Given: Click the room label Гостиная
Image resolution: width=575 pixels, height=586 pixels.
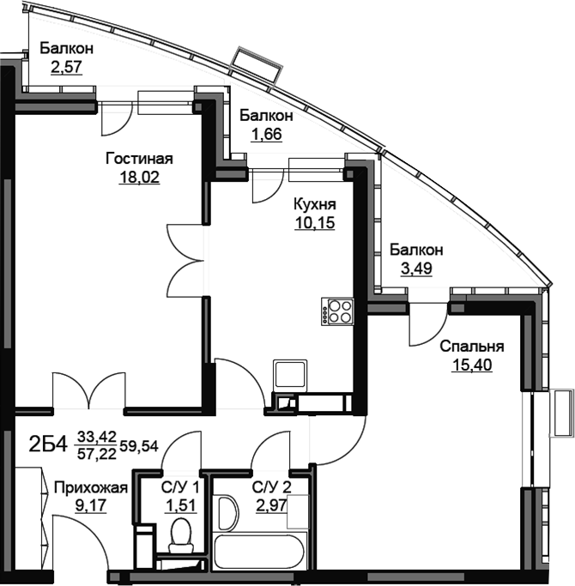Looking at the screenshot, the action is tap(139, 159).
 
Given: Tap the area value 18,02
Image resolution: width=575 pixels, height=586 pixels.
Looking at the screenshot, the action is tap(139, 177).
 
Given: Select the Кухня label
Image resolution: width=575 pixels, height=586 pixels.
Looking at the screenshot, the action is tap(315, 205).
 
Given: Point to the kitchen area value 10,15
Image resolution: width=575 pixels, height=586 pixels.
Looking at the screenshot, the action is tap(315, 223).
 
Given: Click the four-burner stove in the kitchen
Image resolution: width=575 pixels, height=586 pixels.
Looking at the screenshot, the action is tap(337, 311).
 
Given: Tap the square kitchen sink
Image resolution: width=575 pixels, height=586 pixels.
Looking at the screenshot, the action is tap(290, 374).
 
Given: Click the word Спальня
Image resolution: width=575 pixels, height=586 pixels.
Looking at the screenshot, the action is tap(472, 347).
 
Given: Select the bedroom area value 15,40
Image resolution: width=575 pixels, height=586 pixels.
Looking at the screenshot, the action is tap(472, 365).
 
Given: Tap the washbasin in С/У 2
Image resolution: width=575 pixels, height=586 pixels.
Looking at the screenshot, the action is tap(226, 513).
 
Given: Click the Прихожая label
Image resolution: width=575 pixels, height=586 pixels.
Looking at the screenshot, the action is tap(91, 487).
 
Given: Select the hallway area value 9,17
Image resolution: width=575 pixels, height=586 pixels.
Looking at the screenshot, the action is tap(91, 506).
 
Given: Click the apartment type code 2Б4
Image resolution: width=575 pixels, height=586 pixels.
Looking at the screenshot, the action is tap(48, 445).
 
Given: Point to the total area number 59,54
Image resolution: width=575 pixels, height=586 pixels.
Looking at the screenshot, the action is tap(139, 446).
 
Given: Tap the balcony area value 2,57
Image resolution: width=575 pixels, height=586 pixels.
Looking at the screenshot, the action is tap(66, 67).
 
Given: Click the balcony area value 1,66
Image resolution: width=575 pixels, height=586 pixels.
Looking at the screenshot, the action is tap(266, 134).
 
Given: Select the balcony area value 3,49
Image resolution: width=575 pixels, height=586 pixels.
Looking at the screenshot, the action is tap(416, 269).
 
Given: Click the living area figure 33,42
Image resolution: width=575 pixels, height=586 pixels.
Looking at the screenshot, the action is tap(97, 436).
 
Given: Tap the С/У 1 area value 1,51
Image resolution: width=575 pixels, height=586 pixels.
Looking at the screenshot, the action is tap(181, 506).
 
